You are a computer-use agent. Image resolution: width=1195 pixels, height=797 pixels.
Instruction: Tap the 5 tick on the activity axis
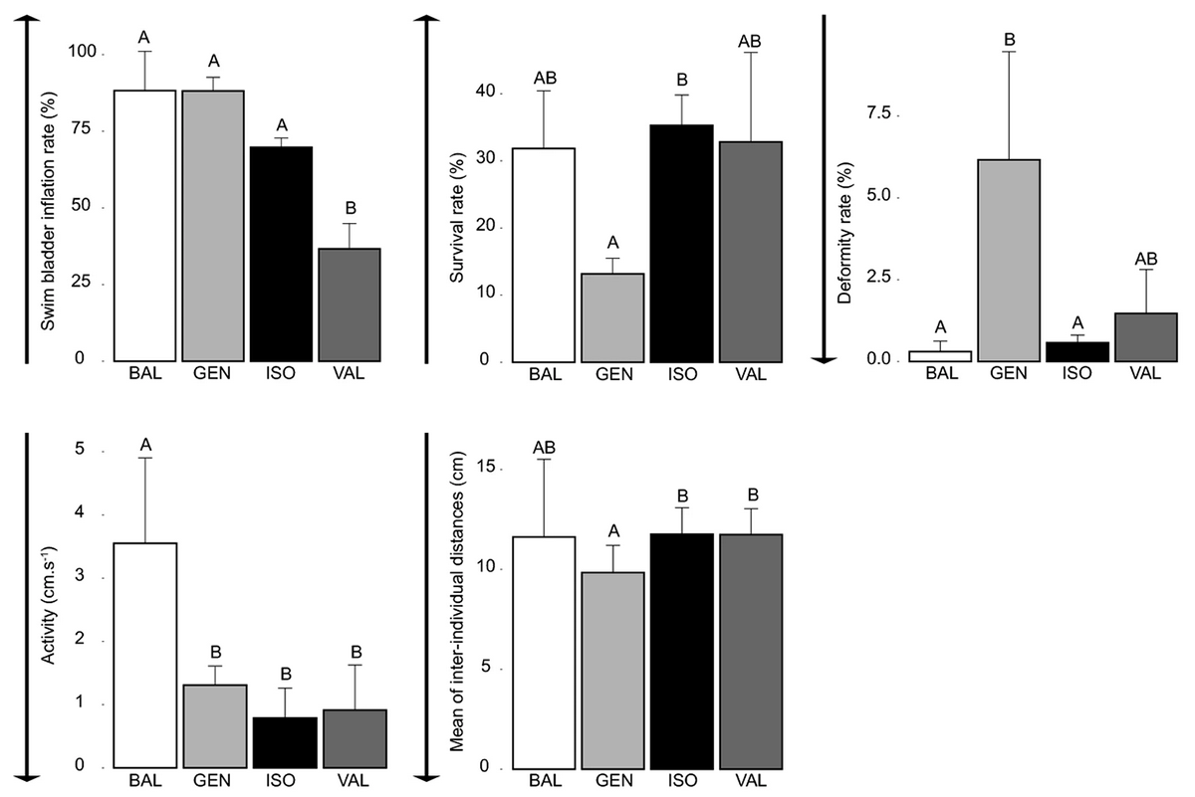(78, 452)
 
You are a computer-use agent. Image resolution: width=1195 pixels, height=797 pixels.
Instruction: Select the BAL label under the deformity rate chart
(940, 374)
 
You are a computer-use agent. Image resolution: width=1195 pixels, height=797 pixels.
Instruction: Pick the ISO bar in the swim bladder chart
(282, 253)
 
